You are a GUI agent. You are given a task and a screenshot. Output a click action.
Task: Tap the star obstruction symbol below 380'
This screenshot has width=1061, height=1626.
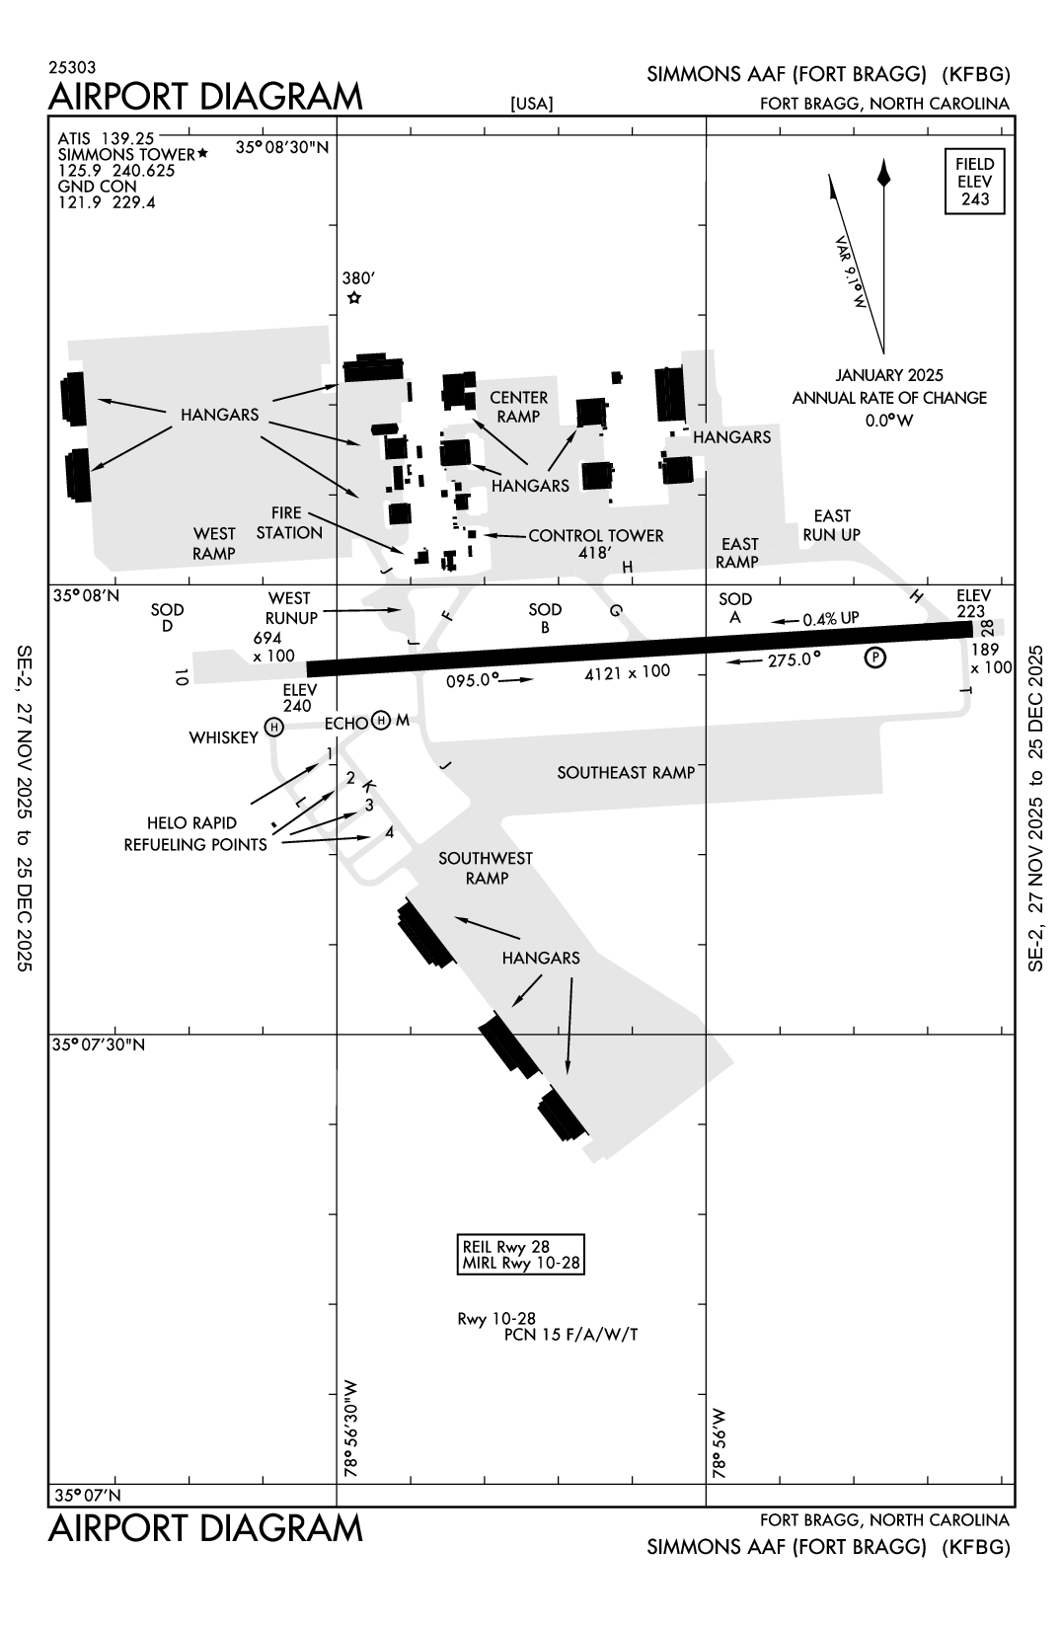(354, 298)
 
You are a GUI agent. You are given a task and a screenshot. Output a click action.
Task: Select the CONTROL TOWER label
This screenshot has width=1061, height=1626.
(596, 535)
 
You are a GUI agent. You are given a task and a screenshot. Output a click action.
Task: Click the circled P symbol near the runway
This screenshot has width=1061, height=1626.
(874, 658)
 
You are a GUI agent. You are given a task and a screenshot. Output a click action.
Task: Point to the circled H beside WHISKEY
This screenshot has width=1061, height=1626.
(274, 728)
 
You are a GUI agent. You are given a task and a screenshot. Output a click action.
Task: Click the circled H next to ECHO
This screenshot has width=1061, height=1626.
(382, 722)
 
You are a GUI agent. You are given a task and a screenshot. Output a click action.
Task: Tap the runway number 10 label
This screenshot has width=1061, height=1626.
(181, 676)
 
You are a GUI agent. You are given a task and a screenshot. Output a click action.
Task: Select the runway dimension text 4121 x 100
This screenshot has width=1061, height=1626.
(627, 672)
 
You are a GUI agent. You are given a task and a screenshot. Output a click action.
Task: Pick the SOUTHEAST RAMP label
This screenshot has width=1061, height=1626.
(626, 772)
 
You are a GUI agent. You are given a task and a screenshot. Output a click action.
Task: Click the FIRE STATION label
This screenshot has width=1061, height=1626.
(290, 523)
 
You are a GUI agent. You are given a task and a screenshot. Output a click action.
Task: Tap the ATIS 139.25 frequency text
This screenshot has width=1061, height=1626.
(107, 138)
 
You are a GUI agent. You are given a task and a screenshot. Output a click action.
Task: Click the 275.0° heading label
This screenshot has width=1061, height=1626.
(796, 658)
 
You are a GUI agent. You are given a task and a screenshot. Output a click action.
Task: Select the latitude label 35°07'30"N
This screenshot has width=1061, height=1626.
(99, 1045)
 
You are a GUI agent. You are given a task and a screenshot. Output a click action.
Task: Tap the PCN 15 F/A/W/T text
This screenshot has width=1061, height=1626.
(570, 1335)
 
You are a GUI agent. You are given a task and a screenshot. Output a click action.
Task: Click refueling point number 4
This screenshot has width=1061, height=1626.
(390, 832)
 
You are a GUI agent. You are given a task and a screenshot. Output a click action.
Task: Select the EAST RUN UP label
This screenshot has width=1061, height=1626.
(831, 525)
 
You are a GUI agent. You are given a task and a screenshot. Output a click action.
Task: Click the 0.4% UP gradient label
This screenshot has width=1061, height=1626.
(830, 619)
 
